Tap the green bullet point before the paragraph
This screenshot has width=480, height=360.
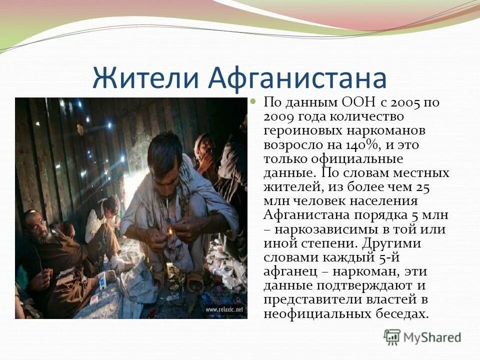[x=252, y=101]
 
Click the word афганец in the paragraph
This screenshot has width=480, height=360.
[x=288, y=272]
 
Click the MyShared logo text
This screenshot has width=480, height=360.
[x=432, y=337]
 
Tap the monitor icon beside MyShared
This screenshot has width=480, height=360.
[x=392, y=337]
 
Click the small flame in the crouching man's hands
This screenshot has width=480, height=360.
[x=170, y=231]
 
